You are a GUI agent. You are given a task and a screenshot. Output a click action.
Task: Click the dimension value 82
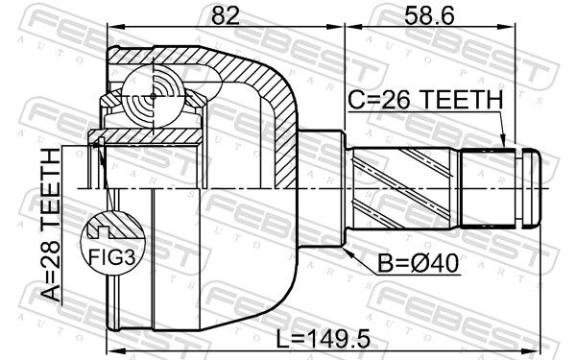tap(226, 15)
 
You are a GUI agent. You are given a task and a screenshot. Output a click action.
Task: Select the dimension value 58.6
tap(429, 15)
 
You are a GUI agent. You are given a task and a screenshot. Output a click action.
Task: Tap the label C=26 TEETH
tap(425, 100)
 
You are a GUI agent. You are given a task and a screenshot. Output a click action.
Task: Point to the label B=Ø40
tap(419, 263)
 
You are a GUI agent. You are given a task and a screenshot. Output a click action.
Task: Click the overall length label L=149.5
tap(324, 339)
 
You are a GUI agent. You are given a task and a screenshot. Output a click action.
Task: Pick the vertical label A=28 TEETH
tap(50, 225)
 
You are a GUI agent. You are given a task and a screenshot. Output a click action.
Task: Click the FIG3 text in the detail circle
tap(112, 256)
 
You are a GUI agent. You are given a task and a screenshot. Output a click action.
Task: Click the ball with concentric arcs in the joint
tap(154, 96)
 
